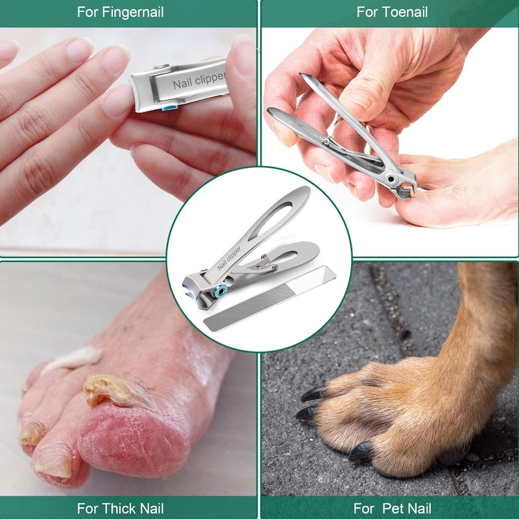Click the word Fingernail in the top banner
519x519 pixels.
click(x=133, y=12)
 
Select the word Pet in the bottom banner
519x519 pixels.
click(x=394, y=508)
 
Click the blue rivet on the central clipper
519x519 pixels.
click(x=220, y=291)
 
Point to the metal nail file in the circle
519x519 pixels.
click(x=269, y=298)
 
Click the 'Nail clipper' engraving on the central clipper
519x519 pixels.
click(x=229, y=258)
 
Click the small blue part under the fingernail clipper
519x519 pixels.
click(x=169, y=107)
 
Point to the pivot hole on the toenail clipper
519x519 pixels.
click(x=391, y=179)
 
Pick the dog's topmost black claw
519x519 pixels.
click(x=313, y=394)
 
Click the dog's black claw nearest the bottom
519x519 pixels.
click(x=361, y=451)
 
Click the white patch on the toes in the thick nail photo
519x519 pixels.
click(x=72, y=359)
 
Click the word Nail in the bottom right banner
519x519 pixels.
click(x=420, y=508)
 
